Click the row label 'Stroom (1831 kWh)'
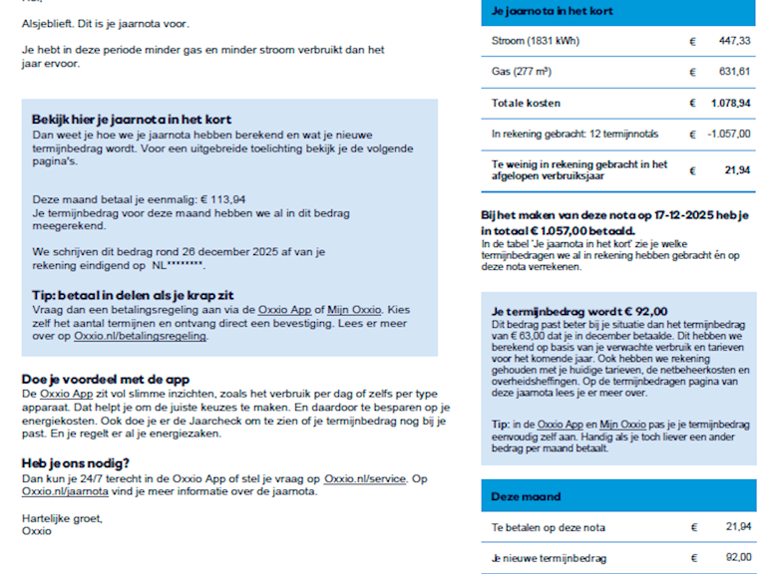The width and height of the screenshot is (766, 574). [x=536, y=41]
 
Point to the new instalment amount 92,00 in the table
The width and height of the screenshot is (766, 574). [x=737, y=558]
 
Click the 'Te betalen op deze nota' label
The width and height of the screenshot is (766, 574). [x=549, y=527]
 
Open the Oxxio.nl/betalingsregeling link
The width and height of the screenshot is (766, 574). [x=141, y=336]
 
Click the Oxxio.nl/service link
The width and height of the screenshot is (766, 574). [x=365, y=479]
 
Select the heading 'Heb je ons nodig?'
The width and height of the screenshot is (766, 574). [x=75, y=463]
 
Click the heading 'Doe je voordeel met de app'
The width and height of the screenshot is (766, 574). [x=106, y=380]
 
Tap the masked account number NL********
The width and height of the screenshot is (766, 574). [x=178, y=267]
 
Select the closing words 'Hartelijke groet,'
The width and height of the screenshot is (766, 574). [x=62, y=518]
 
